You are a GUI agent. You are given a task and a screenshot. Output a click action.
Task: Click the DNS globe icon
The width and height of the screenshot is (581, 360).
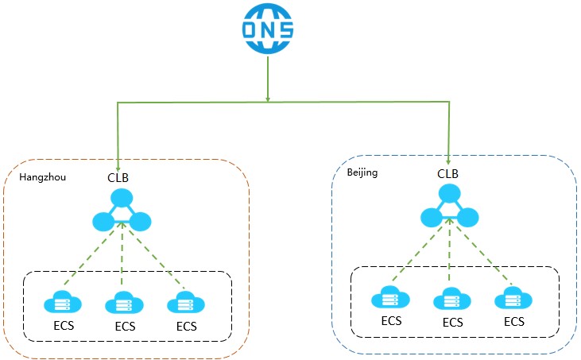268,30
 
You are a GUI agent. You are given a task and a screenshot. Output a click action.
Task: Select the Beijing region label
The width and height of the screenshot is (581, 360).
362,172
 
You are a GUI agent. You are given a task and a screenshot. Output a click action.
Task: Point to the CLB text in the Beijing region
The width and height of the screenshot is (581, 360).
448,172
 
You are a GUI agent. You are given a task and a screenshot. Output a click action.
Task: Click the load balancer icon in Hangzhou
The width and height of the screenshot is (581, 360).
121,212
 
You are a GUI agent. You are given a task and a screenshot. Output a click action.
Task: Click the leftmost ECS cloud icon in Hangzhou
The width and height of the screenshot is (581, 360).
61,302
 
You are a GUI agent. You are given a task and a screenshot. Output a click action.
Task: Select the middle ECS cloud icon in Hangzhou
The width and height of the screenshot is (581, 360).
122,303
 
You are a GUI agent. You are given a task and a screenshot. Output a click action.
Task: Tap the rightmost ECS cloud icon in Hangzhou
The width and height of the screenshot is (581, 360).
185,303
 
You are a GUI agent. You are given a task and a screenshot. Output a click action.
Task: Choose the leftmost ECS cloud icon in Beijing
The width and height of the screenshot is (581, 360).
390,299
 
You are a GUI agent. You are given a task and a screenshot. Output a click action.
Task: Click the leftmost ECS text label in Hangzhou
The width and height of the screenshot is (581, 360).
61,326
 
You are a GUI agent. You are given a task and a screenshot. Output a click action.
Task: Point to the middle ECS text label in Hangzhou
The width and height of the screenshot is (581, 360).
125,326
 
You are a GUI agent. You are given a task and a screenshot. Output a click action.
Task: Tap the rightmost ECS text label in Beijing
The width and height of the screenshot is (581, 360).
514,322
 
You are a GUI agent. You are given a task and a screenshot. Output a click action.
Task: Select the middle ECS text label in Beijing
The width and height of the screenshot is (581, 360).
452,322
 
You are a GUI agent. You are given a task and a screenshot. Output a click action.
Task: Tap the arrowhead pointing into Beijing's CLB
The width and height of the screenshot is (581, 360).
448,159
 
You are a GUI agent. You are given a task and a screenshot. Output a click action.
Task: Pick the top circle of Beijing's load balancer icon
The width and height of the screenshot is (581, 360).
450,193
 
